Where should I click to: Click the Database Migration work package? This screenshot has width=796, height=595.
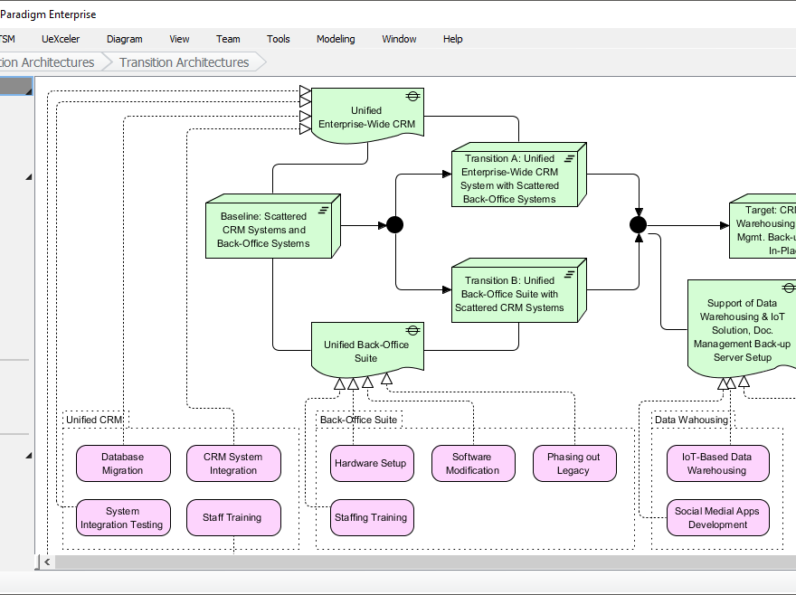pos(122,464)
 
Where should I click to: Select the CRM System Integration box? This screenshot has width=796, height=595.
pos(233,464)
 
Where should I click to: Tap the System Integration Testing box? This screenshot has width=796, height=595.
pos(122,518)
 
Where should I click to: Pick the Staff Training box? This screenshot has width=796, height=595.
pos(233,518)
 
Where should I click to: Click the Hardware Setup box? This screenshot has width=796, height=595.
pos(371,464)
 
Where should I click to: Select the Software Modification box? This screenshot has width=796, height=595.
pos(472,464)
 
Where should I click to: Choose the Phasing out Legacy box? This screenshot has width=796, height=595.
pos(573,464)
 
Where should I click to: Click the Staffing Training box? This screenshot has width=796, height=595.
pos(371,518)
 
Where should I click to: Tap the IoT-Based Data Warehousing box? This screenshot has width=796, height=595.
pos(716,464)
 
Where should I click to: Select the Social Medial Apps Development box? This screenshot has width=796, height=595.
pos(716,518)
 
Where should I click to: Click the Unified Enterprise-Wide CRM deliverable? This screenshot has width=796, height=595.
pos(366,117)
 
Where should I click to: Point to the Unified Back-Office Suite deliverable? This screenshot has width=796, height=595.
pos(366,351)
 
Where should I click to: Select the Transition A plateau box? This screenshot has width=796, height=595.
pos(514,177)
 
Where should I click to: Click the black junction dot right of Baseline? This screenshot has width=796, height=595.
pos(394,224)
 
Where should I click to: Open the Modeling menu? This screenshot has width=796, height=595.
pos(336,39)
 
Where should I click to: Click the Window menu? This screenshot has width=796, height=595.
pos(399,39)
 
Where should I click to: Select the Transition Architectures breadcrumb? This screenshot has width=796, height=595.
pos(184,62)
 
